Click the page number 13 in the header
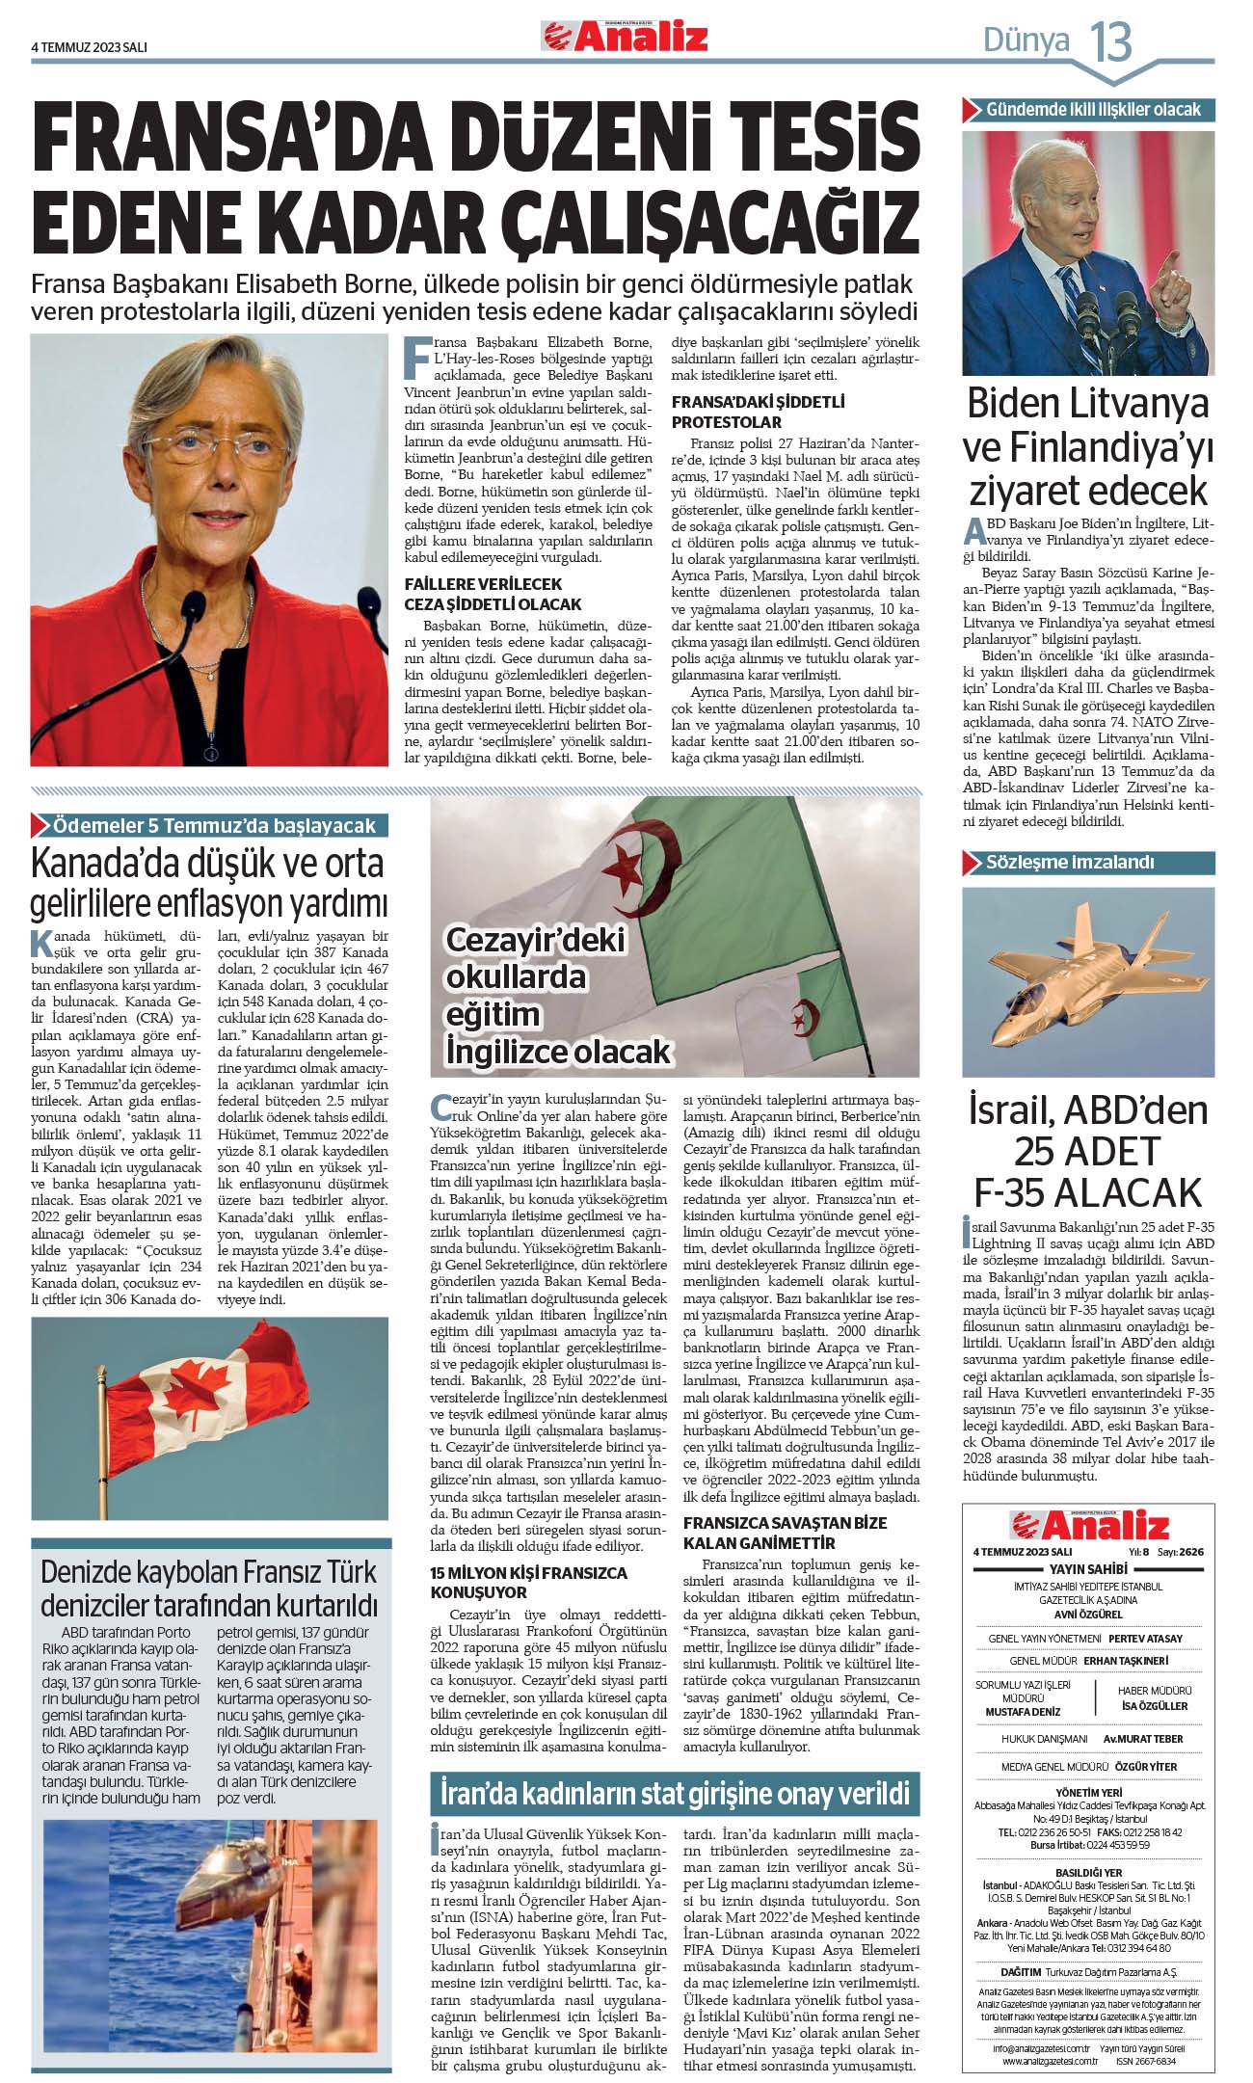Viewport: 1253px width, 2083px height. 1110,41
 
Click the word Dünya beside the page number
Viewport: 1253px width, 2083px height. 1026,40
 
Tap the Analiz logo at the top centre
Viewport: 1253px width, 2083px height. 625,37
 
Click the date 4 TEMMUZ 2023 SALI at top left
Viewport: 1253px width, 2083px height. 89,46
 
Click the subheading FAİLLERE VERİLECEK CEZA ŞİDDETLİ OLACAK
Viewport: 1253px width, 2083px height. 493,594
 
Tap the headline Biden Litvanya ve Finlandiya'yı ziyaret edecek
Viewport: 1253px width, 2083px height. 1087,445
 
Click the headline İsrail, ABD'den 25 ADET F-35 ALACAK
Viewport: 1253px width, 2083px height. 1088,1151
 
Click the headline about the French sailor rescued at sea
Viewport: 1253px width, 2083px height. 210,1589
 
